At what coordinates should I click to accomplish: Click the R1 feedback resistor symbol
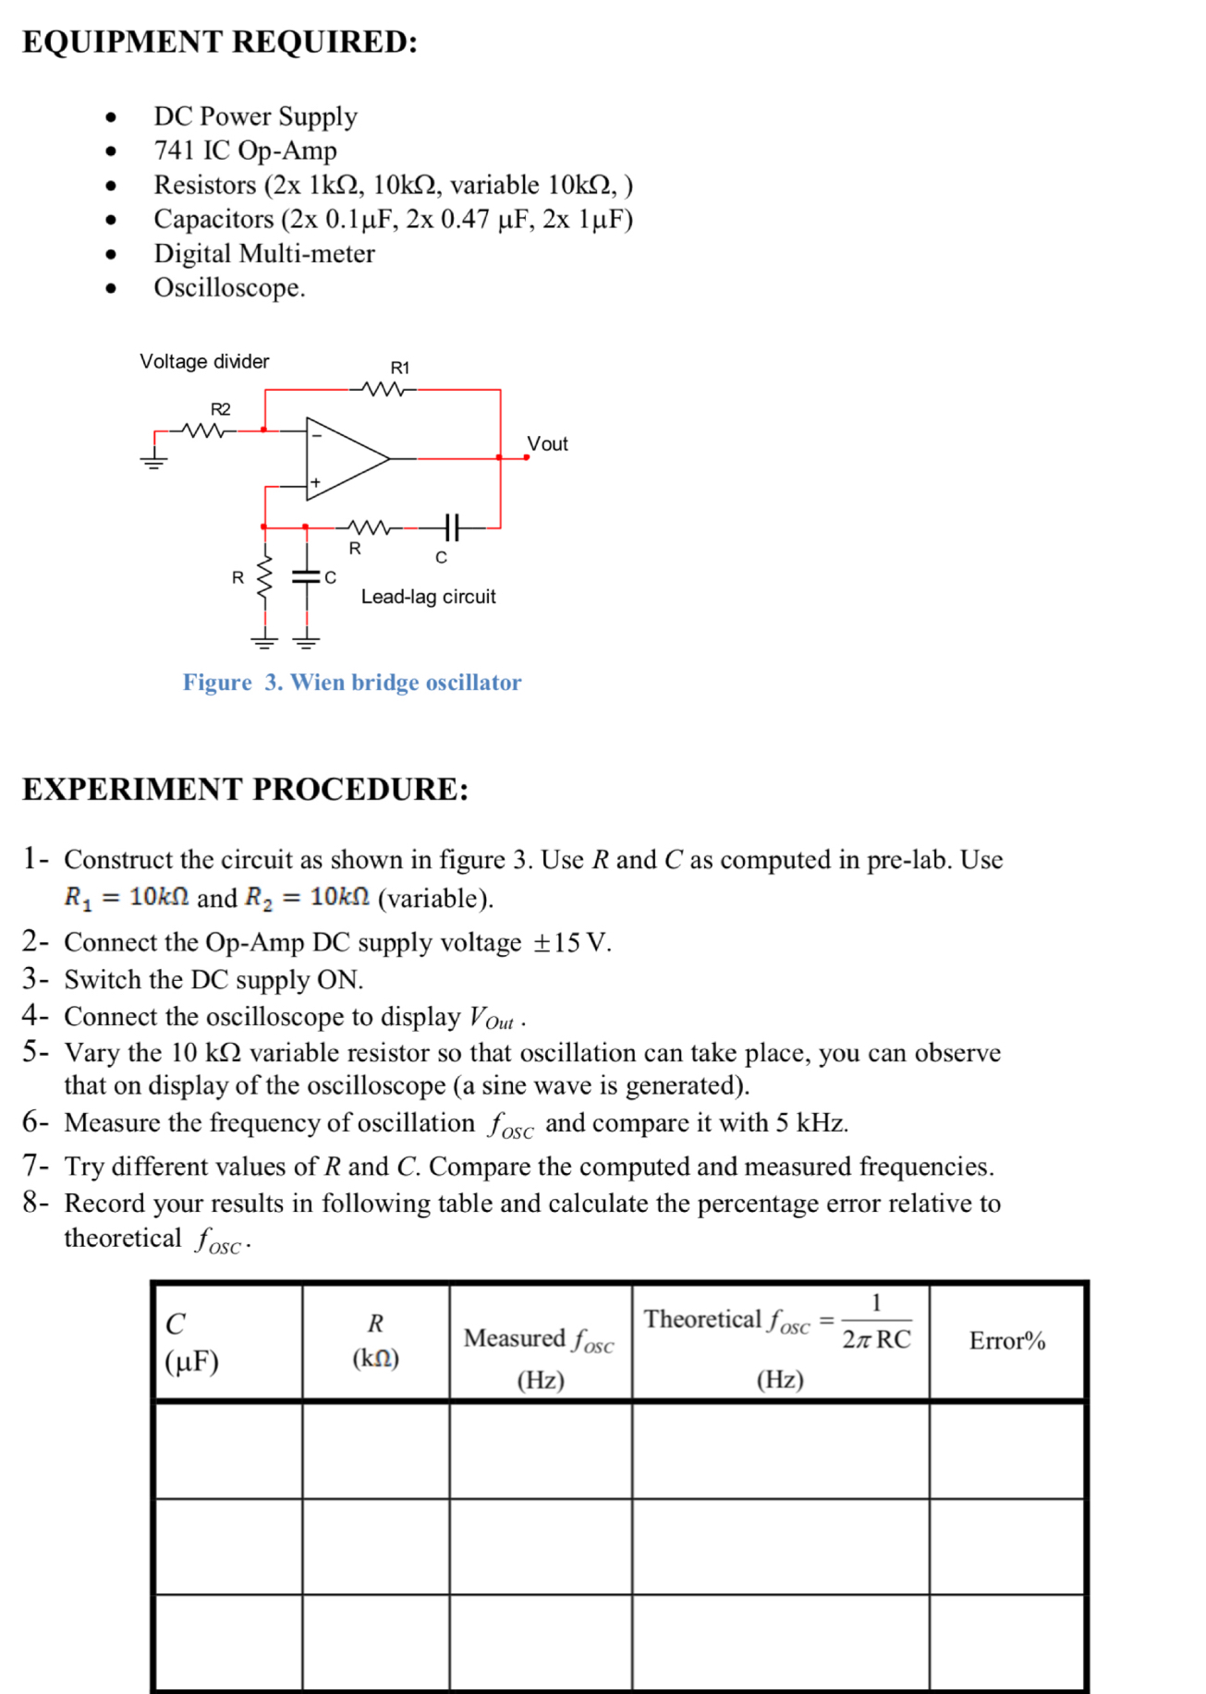384,390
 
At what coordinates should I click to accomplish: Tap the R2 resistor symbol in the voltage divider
204,430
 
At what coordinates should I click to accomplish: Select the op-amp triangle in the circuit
343,458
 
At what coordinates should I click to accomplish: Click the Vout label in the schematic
547,444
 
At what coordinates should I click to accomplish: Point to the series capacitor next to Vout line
450,528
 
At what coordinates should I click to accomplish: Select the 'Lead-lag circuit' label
428,597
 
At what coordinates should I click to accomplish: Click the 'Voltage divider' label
204,361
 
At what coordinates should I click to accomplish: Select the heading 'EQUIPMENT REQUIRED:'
220,42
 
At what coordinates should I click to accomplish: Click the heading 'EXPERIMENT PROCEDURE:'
246,790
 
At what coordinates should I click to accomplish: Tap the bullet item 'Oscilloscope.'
229,288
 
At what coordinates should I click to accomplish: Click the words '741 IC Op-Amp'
245,151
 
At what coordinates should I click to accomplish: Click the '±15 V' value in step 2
571,943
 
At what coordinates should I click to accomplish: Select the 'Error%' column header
1007,1341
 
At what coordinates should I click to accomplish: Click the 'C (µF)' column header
192,1343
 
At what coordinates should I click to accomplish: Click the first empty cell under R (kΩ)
375,1451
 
